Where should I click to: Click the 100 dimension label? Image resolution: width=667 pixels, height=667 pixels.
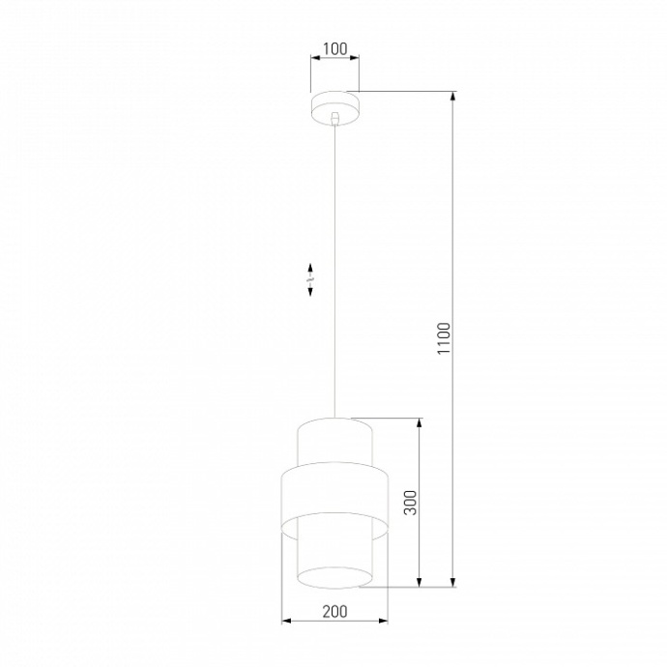tap(333, 46)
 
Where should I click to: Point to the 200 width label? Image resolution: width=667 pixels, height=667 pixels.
tap(334, 611)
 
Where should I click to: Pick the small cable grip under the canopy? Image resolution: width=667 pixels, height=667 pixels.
tap(334, 118)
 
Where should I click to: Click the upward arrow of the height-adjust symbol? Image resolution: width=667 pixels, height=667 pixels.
tap(310, 267)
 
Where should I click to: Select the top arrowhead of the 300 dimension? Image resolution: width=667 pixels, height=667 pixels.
tap(419, 423)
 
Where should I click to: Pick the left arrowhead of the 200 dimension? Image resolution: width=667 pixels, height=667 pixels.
tap(285, 621)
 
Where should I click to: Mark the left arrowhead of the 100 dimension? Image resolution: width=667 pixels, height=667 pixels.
tap(314, 57)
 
